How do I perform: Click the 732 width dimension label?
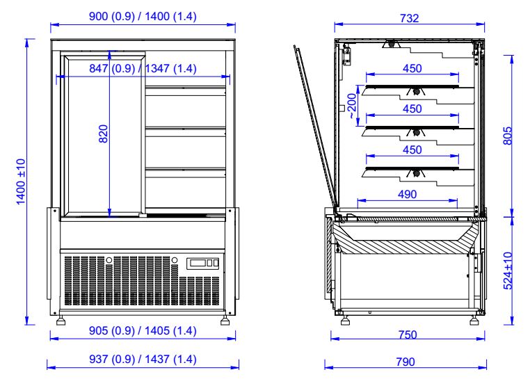(x=410, y=19)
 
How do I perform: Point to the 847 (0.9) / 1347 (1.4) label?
(x=143, y=68)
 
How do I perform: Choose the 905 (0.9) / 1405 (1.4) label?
(x=143, y=331)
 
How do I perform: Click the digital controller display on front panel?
(x=205, y=263)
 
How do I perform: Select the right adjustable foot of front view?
(x=227, y=321)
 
